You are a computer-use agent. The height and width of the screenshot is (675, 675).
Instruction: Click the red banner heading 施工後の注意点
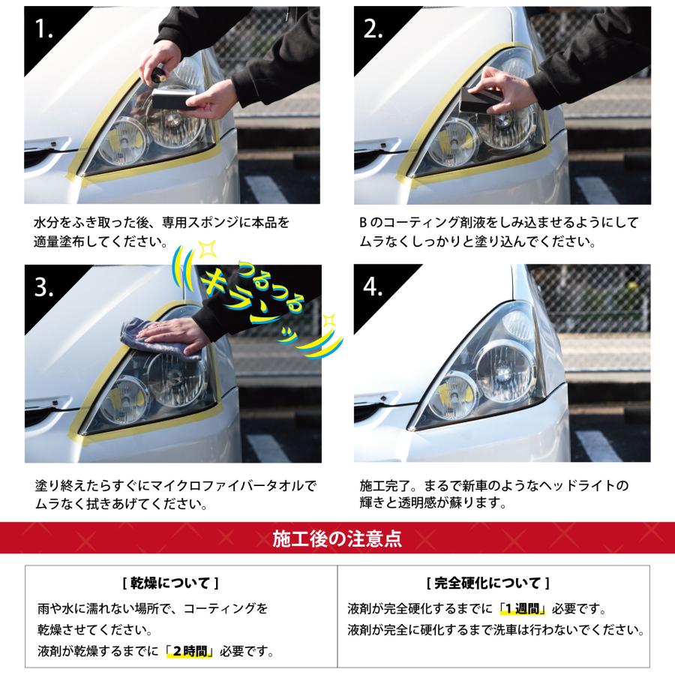tap(337, 538)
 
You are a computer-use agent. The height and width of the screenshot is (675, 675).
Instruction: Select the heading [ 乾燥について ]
tap(169, 583)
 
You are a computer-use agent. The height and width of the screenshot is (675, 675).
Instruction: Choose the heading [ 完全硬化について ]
tap(487, 583)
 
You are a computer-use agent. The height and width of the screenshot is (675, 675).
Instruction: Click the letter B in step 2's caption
tap(362, 223)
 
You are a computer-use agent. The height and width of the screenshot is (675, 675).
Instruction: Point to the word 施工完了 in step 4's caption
tap(385, 484)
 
